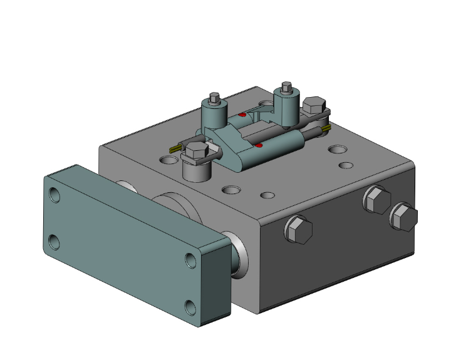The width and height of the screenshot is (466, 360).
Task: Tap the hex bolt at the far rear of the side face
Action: pos(404,217)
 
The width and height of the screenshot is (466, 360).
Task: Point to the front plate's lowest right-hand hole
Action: pos(191,307)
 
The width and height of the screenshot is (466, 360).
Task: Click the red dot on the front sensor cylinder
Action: pos(259,145)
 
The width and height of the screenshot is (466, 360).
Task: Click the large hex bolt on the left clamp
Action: pos(197,151)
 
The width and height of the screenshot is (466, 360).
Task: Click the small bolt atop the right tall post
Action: pos(287,86)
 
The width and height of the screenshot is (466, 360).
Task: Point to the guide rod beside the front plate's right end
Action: pos(237,253)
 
